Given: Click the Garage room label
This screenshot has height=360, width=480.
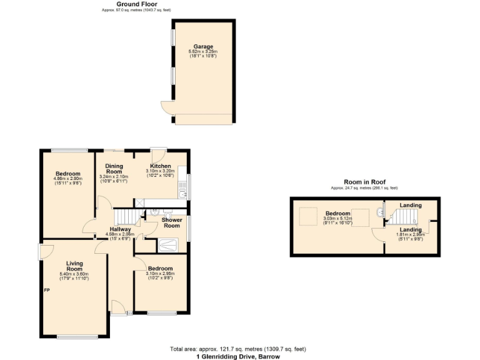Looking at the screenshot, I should click(203, 46).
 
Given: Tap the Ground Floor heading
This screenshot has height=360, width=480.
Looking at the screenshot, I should click(136, 4).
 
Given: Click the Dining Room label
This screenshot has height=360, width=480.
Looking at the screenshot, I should click(114, 169).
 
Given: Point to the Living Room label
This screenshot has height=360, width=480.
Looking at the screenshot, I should click(74, 266).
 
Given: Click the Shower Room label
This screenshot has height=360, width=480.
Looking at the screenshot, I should click(172, 222).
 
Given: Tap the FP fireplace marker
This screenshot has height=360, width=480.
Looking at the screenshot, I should click(46, 290).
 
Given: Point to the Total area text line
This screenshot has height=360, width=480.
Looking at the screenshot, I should click(237, 349).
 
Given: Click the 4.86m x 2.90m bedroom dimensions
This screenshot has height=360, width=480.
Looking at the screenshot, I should click(67, 179).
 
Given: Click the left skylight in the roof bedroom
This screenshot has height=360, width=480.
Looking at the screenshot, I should click(307, 216).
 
